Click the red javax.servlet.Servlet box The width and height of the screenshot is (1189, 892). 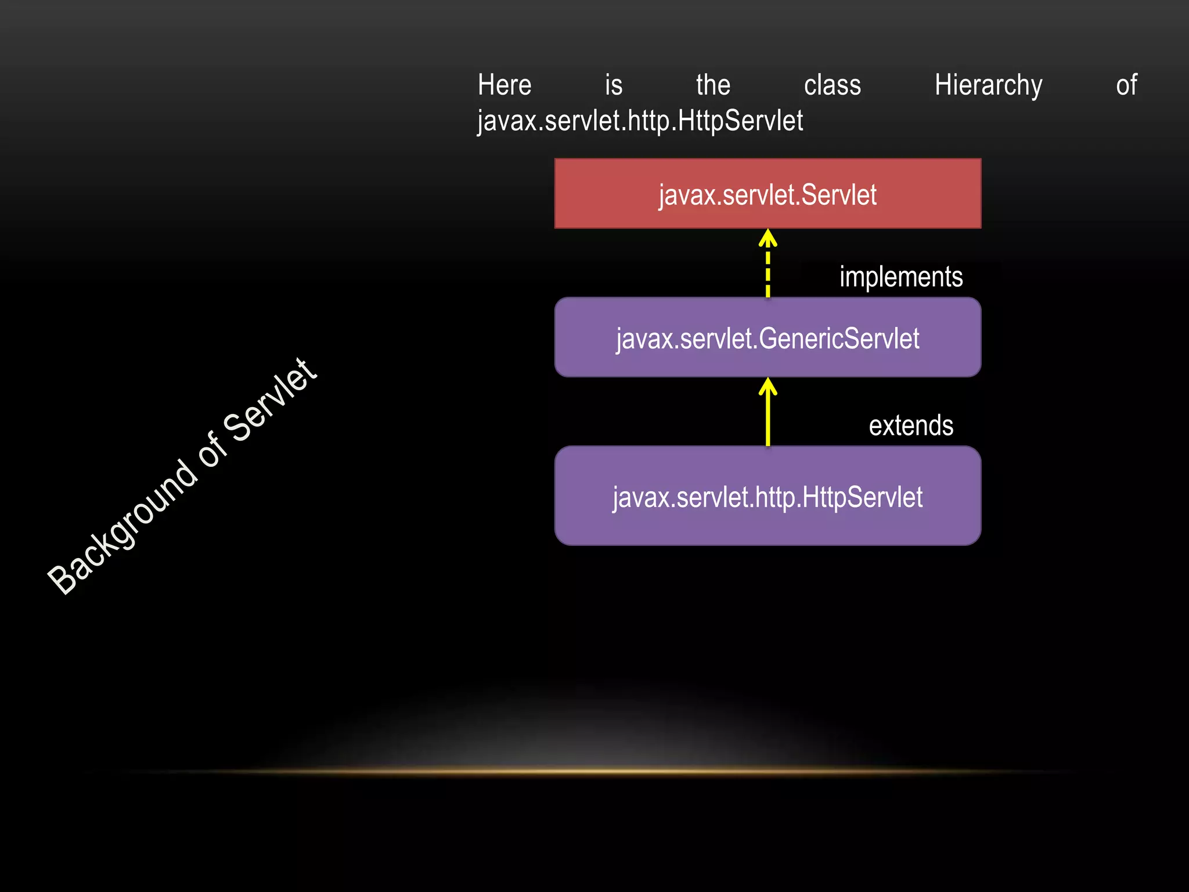[768, 193]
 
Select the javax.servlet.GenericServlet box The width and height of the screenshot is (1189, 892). [768, 337]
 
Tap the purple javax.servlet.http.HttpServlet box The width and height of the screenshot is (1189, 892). [768, 496]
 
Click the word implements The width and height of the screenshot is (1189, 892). [900, 277]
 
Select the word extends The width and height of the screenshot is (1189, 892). [910, 426]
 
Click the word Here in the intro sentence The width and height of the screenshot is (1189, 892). [504, 85]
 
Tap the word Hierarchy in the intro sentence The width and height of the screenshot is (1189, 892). [988, 85]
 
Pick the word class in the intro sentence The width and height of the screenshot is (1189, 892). [832, 85]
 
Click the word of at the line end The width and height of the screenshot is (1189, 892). [1126, 85]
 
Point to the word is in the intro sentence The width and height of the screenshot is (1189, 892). [613, 85]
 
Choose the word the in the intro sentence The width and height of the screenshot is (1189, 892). [713, 85]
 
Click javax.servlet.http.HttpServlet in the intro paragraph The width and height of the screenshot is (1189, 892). [640, 121]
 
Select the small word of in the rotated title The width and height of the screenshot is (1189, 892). [212, 450]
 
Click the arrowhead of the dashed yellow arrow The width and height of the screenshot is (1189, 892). [768, 238]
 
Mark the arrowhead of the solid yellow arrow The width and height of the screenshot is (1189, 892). [768, 386]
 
